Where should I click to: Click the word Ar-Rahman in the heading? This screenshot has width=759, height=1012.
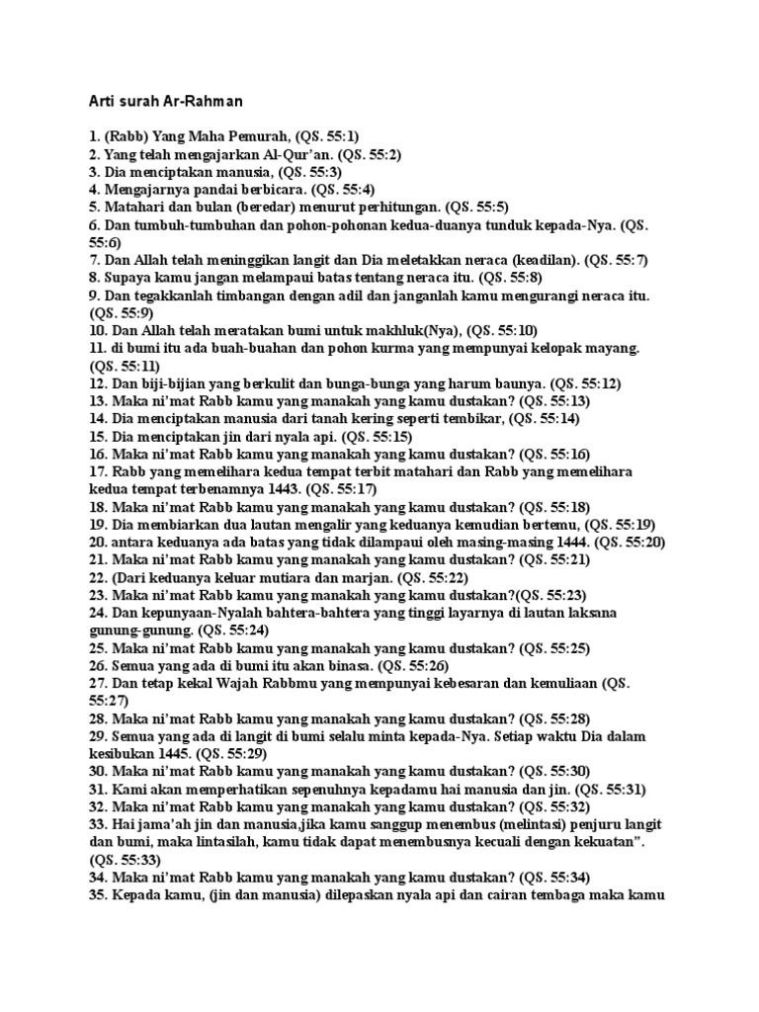pos(206,101)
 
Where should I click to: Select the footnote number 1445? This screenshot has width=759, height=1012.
pos(179,754)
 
